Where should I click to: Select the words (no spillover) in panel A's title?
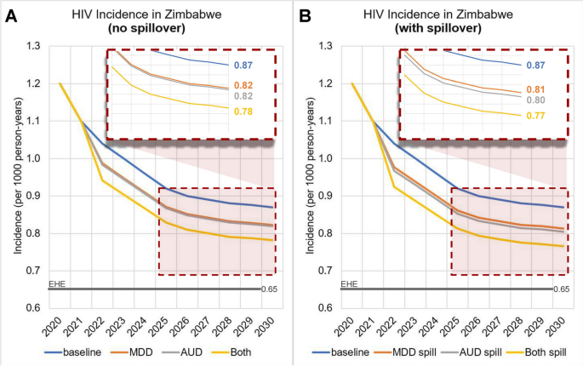(148, 26)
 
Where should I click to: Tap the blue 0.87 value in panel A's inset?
(243, 66)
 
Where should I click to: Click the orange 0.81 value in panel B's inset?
(535, 89)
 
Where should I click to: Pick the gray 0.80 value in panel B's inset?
(535, 100)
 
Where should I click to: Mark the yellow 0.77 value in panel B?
(535, 115)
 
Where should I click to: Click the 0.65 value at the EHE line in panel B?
(561, 289)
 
